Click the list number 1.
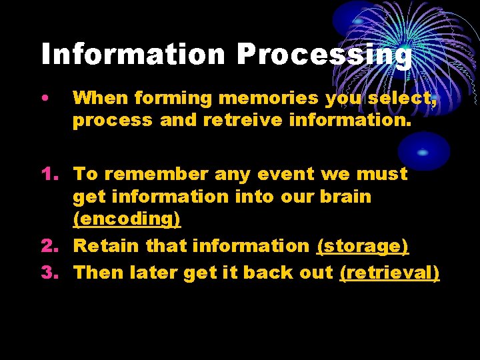(x=49, y=174)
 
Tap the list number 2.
(x=49, y=246)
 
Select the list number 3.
(x=49, y=272)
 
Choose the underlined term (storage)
(x=363, y=246)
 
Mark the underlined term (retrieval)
(x=389, y=272)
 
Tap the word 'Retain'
(x=107, y=246)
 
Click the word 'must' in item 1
(x=381, y=174)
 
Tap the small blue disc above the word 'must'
(x=423, y=151)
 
